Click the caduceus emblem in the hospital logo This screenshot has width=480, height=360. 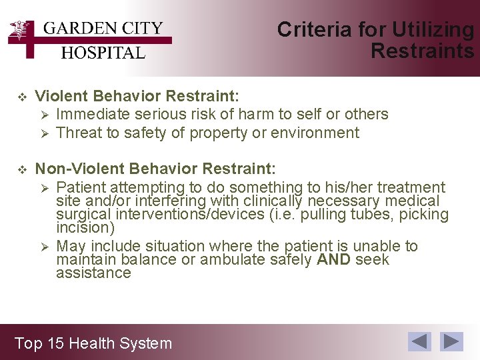[x=23, y=32]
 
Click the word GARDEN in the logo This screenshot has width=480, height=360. [x=73, y=29]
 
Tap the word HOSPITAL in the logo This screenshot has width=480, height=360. [x=103, y=53]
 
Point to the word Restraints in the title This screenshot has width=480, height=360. [x=422, y=51]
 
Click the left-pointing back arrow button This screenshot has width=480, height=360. [x=419, y=341]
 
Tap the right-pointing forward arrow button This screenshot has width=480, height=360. [x=453, y=341]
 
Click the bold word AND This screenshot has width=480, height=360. [x=333, y=259]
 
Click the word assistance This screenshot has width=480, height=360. [x=93, y=273]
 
